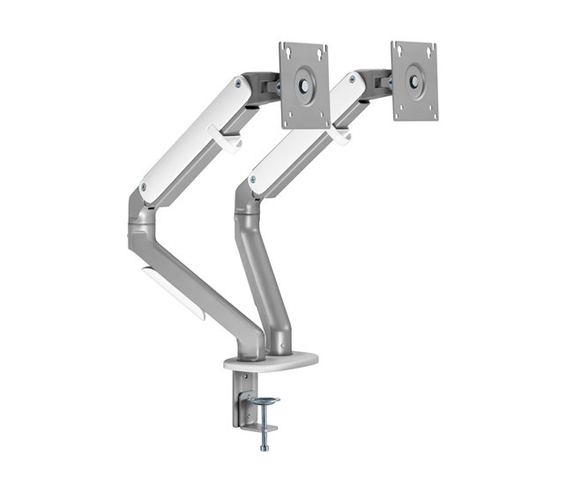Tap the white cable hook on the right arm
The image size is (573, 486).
click(339, 135)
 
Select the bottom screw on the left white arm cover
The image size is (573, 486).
click(144, 188)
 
